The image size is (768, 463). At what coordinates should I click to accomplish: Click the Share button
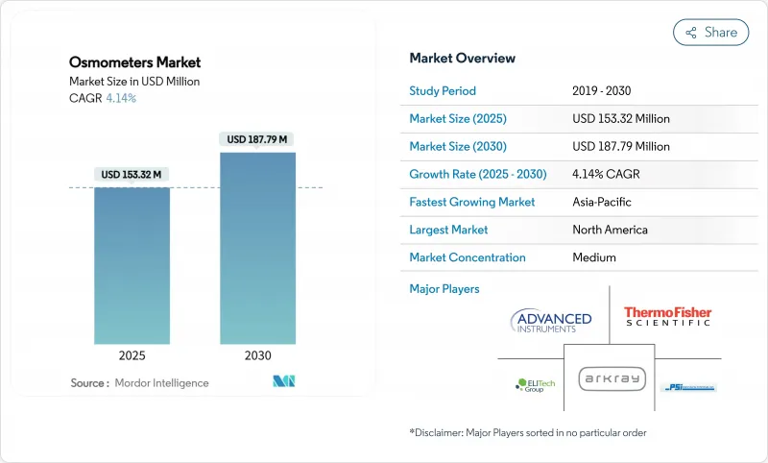pos(710,32)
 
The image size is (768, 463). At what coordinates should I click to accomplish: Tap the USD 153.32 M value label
pos(132,174)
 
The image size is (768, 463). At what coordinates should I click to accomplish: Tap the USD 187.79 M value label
pos(257,139)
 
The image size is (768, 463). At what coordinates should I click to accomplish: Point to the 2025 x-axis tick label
pos(132,355)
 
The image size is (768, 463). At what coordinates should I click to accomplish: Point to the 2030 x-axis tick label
pos(257,355)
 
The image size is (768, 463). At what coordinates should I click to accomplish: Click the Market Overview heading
pos(463,58)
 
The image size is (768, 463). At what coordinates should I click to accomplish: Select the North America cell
pos(610,230)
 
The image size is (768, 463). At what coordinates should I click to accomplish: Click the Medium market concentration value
pos(594,257)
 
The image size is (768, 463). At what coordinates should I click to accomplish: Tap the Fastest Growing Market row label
pos(472,202)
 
